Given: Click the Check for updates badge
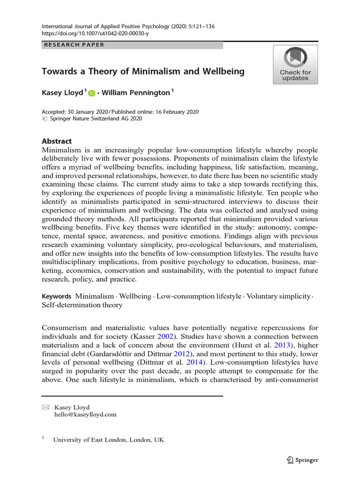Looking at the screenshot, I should (x=295, y=65).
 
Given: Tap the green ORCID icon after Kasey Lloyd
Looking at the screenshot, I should (x=91, y=93).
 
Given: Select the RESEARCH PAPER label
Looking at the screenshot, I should (x=74, y=45).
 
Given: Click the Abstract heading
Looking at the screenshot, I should (x=57, y=141).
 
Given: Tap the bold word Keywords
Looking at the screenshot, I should (x=56, y=296).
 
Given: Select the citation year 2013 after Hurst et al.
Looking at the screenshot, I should (x=293, y=345).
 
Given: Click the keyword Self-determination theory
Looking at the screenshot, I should (x=82, y=305).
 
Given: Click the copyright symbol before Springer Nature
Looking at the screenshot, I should (x=45, y=119).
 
